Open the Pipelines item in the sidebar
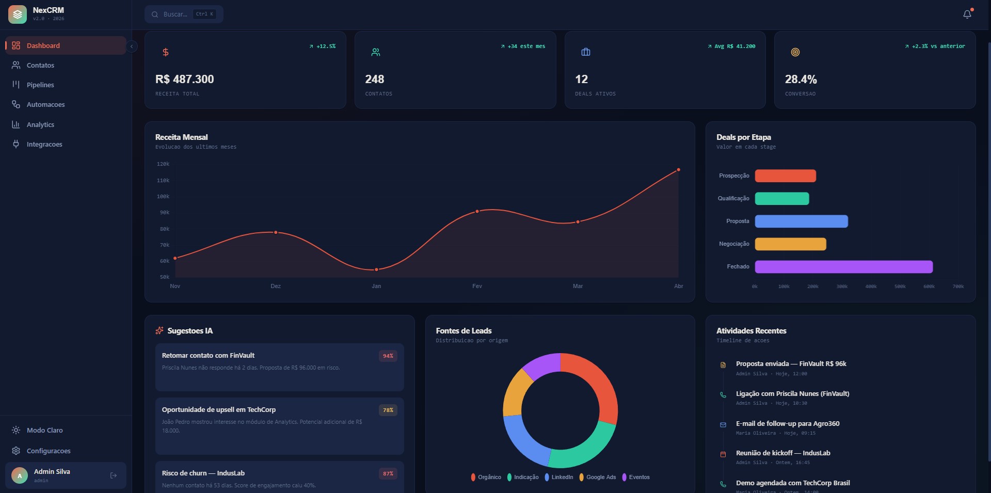click(x=40, y=85)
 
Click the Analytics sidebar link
click(x=40, y=124)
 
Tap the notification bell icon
click(x=967, y=14)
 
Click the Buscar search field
click(x=175, y=14)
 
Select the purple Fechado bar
click(x=843, y=267)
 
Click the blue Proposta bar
click(x=801, y=221)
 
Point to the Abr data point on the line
click(x=678, y=170)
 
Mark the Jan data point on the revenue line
click(x=376, y=269)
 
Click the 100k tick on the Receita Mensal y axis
click(x=163, y=197)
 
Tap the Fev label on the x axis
click(x=477, y=286)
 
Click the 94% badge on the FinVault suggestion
click(x=388, y=356)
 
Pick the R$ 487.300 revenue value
click(x=184, y=79)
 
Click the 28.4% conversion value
click(x=801, y=79)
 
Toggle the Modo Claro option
click(x=44, y=430)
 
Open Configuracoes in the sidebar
click(x=48, y=451)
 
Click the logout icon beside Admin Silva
click(x=114, y=475)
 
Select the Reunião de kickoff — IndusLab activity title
click(x=782, y=453)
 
